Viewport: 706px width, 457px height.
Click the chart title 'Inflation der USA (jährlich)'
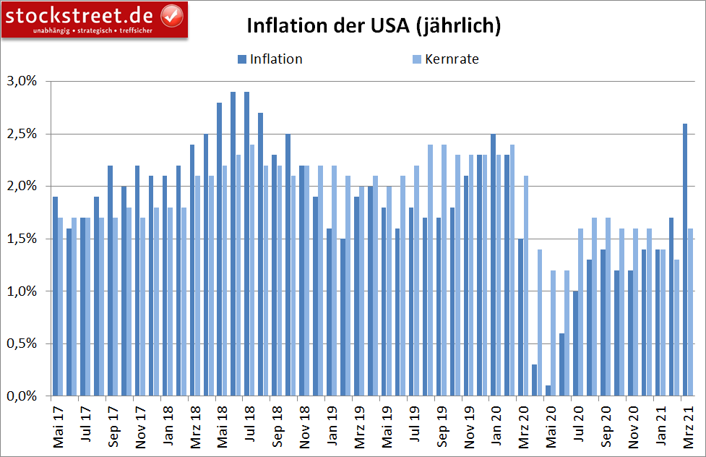pos(374,26)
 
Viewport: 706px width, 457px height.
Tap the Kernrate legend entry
pos(449,59)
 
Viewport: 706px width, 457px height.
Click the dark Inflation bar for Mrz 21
pos(685,260)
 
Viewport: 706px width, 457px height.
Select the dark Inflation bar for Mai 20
pos(548,390)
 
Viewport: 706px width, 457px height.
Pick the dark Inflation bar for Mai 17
pos(56,296)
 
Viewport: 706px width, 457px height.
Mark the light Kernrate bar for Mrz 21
pos(691,312)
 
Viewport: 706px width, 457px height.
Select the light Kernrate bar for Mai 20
pos(554,333)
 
